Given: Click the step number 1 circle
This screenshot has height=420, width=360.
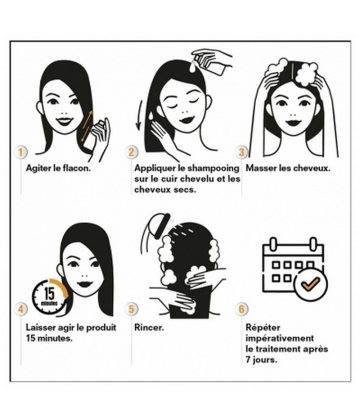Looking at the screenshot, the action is click(x=21, y=152).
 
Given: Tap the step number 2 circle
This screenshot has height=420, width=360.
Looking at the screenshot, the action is click(x=131, y=152).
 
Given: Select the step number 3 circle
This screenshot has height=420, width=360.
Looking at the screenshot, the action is click(x=242, y=152).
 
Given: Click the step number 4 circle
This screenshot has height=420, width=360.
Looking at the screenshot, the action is click(x=21, y=309).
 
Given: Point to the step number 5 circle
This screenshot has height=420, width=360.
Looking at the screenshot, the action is click(x=131, y=309).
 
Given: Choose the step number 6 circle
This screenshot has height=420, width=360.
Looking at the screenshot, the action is click(x=242, y=309).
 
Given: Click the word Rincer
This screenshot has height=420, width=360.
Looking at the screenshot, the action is click(x=149, y=327).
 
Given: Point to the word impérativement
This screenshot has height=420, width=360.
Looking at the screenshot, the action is click(x=280, y=338).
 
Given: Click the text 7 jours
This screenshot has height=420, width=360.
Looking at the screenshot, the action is click(x=261, y=360).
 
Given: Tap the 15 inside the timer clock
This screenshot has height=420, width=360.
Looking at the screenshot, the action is click(x=49, y=294).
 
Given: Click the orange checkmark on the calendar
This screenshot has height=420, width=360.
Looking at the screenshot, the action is click(x=310, y=284).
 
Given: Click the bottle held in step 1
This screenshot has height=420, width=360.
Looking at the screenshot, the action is click(x=93, y=137).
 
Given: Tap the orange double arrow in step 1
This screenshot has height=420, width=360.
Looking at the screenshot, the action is click(x=86, y=125).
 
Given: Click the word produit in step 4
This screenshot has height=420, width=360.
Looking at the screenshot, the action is click(x=101, y=328).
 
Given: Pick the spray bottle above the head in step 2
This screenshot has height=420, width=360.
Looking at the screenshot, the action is click(x=211, y=63).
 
